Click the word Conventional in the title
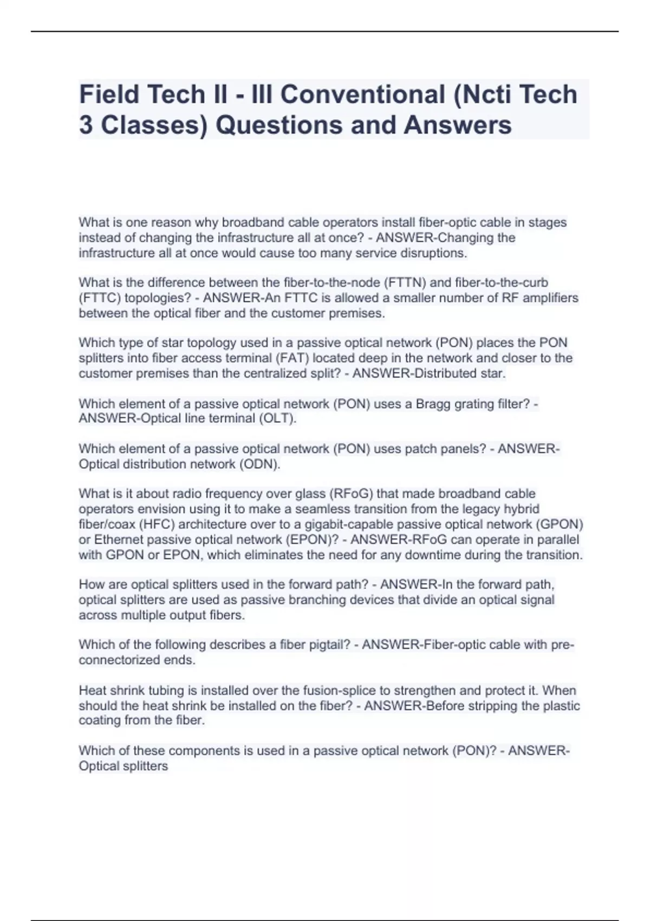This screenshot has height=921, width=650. click(x=362, y=94)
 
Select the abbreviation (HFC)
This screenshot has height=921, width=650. click(x=157, y=524)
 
